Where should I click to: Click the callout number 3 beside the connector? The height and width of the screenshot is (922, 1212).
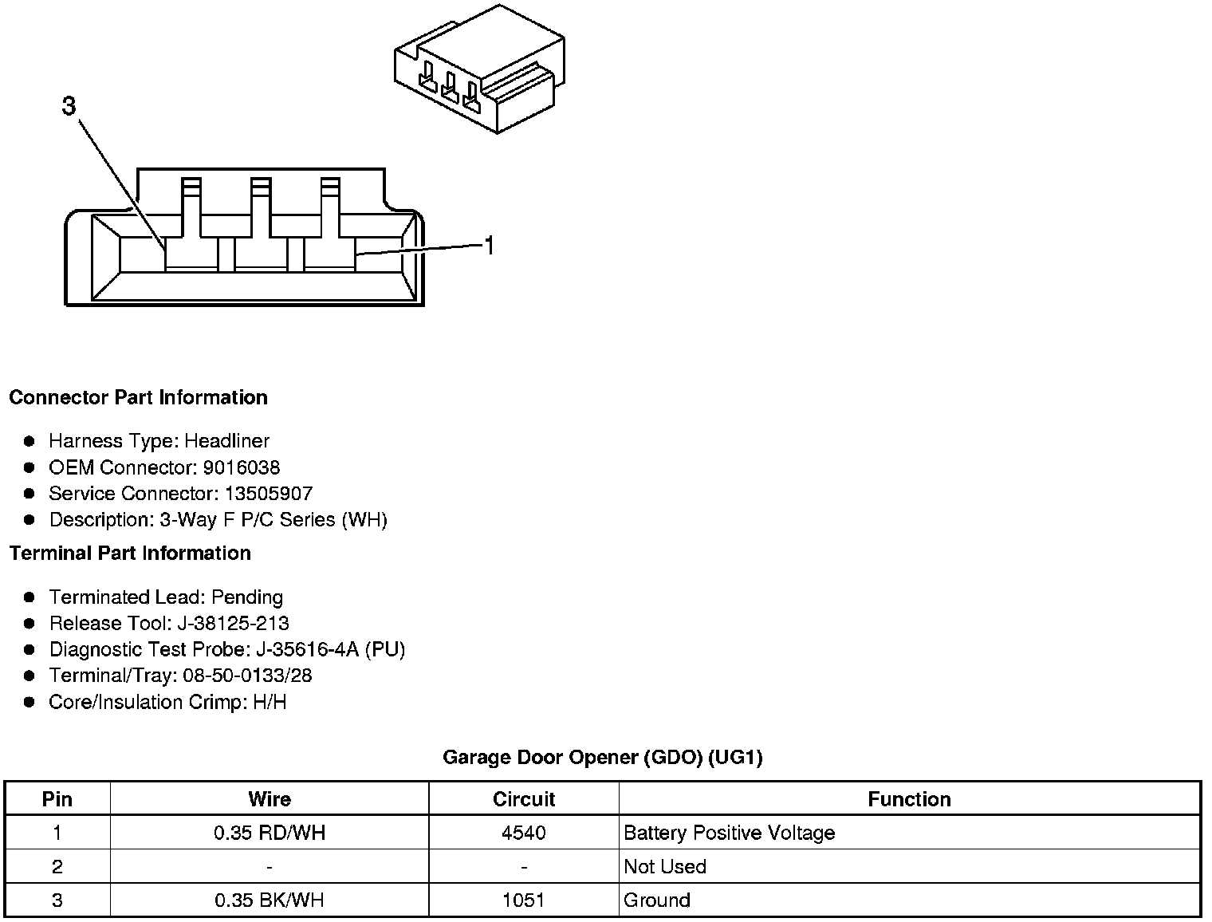tap(69, 106)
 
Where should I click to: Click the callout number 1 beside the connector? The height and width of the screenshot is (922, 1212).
tap(490, 246)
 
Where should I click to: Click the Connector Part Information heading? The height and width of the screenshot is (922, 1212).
tap(138, 397)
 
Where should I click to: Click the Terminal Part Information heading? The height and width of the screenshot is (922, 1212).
tap(130, 553)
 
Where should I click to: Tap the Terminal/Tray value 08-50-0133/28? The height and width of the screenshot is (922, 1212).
tap(247, 676)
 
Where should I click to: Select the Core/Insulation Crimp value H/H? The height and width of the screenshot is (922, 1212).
tap(269, 702)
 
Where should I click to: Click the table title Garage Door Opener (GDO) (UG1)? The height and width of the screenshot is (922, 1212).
tap(602, 757)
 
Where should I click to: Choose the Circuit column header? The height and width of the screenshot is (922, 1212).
tap(523, 799)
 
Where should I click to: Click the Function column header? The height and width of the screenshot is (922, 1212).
tap(909, 799)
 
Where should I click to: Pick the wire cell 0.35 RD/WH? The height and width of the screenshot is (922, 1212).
tap(270, 833)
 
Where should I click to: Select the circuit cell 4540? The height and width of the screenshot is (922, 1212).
tap(523, 833)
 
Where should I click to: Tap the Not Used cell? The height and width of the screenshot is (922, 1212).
tap(665, 867)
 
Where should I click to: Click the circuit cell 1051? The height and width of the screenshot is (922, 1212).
tap(523, 900)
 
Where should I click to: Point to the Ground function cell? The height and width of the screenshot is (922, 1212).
tap(657, 900)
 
